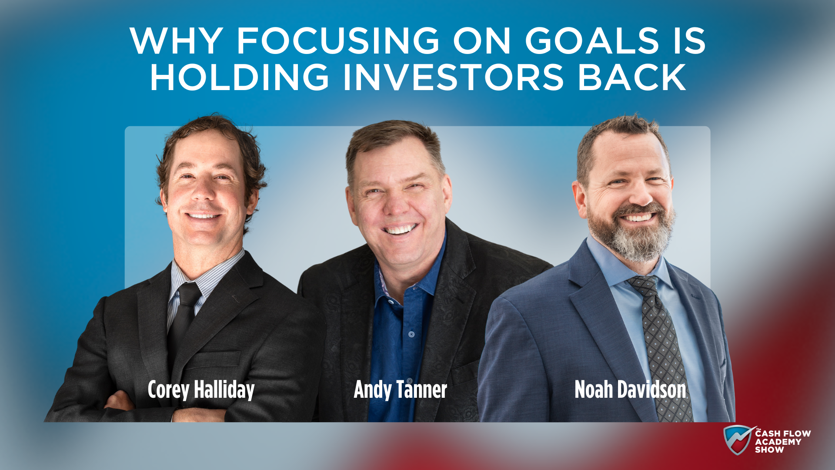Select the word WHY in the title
point(177,41)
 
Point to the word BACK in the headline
point(632,77)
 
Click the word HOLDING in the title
point(240,77)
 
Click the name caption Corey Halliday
point(201,390)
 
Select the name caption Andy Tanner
point(400,390)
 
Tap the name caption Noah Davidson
point(630,389)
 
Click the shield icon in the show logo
point(738,440)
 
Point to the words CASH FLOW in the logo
point(783,433)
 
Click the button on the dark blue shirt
point(411,334)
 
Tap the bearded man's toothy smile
point(637,217)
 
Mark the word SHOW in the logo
point(769,450)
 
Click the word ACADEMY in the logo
point(778,442)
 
